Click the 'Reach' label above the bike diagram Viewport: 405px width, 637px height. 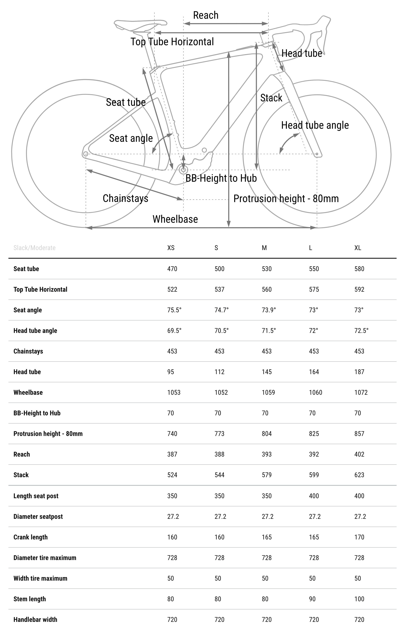tap(206, 15)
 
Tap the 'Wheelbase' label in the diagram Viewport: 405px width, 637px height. tap(175, 219)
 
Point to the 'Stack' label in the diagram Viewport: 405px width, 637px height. tap(271, 98)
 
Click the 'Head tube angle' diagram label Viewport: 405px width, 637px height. tap(315, 125)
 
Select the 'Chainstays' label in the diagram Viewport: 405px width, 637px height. tap(125, 198)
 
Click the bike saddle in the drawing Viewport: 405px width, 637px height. tap(140, 25)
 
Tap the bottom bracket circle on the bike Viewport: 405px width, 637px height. tap(183, 170)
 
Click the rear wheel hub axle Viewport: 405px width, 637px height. tap(85, 154)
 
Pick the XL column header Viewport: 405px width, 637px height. tap(358, 248)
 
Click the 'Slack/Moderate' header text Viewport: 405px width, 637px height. tap(34, 248)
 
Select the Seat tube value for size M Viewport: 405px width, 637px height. tap(266, 269)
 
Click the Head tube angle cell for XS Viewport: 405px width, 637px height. tap(174, 331)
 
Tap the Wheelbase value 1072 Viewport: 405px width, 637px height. tap(361, 393)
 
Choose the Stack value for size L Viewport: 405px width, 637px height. tap(314, 475)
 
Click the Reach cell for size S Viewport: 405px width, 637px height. tap(219, 454)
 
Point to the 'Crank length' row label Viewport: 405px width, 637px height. tap(31, 537)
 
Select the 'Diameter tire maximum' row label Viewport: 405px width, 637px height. tap(45, 558)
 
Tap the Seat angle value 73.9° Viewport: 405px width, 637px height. tap(269, 310)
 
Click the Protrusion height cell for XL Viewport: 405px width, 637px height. tap(359, 434)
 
